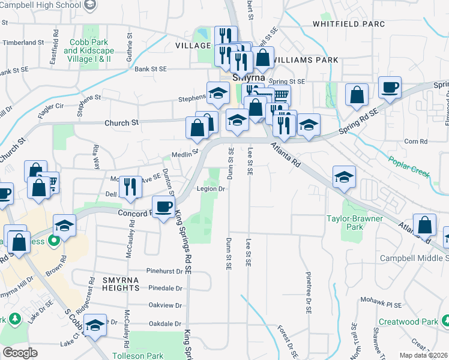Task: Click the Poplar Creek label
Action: coord(409,167)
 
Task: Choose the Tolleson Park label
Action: coord(139,356)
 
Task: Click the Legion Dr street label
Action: coord(211,189)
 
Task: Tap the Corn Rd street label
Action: coord(415,142)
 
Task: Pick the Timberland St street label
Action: coord(23,43)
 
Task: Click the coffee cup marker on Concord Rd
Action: coord(164,208)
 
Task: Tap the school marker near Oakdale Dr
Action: coord(95,326)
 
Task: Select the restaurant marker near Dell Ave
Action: coord(130,187)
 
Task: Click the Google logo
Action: coord(20,353)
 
